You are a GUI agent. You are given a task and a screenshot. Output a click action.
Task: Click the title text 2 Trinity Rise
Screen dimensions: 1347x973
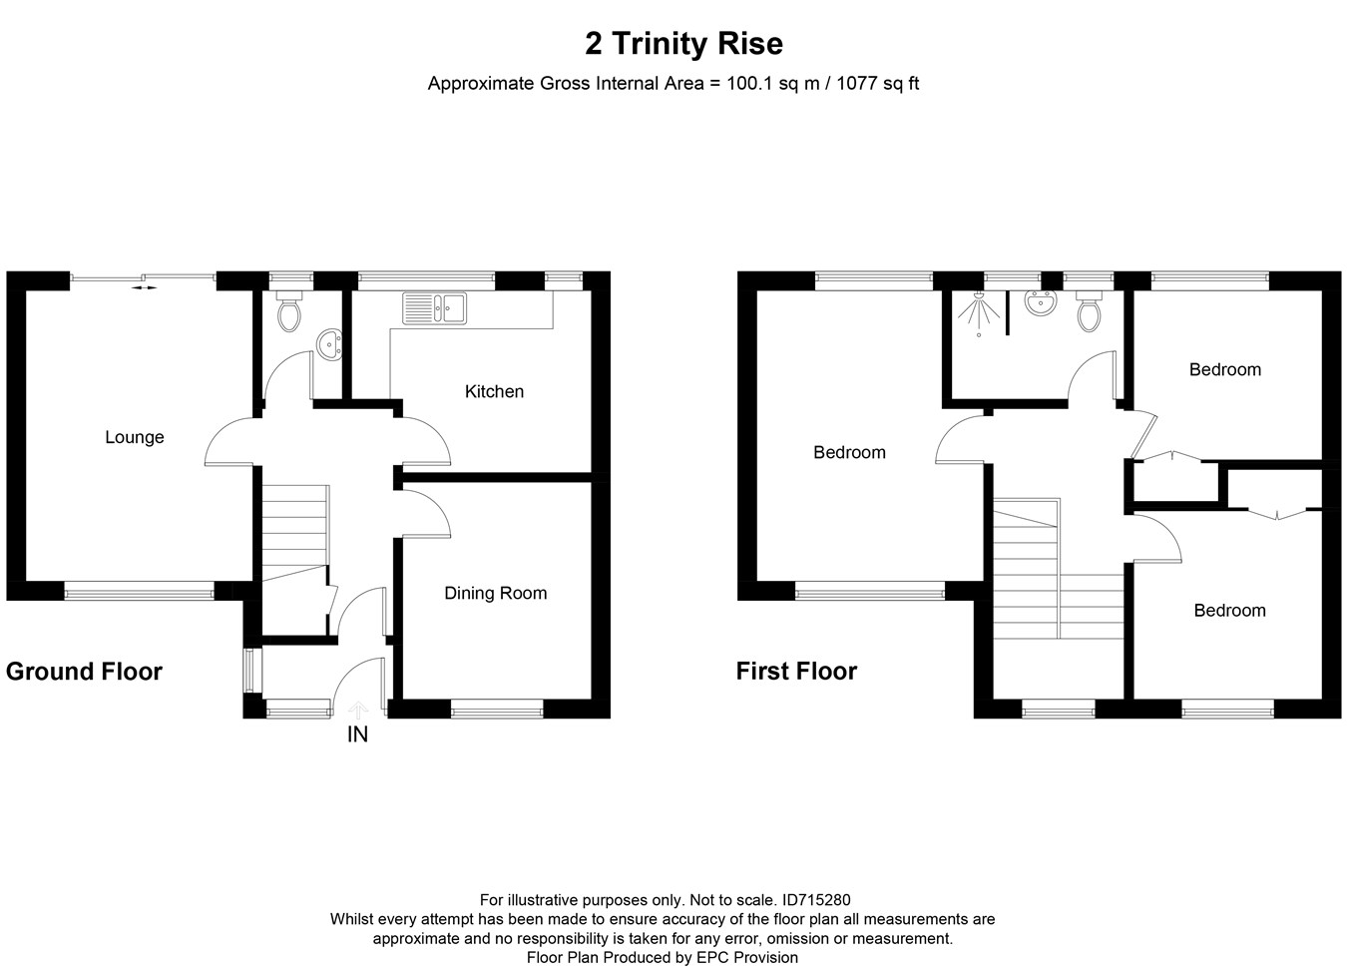point(683,44)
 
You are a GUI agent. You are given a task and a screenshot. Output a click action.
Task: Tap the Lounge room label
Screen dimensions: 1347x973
point(135,437)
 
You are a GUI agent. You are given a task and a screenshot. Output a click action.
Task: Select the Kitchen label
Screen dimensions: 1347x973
point(494,391)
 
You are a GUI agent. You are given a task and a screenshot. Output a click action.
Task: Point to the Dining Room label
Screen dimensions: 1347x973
point(496,593)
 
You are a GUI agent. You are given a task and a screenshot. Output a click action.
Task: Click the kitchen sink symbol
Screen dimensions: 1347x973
point(434,307)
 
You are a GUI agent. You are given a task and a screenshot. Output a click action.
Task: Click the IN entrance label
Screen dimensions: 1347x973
point(357,734)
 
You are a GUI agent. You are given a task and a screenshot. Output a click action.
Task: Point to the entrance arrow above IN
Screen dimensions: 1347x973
point(358,709)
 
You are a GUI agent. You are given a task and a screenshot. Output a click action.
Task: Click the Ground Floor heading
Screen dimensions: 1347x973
point(84,672)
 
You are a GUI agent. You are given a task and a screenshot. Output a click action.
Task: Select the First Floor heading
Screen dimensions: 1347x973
point(796,672)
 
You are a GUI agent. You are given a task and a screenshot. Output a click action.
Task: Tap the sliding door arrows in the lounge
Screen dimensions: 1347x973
point(145,287)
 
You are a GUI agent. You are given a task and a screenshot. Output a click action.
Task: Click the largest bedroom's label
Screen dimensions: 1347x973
point(849,452)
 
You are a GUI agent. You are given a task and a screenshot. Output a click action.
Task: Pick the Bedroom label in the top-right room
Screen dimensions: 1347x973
point(1224,369)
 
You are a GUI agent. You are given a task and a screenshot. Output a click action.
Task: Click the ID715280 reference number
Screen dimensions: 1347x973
point(816,900)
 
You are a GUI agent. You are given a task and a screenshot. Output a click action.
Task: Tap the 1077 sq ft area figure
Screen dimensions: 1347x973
point(877,84)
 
